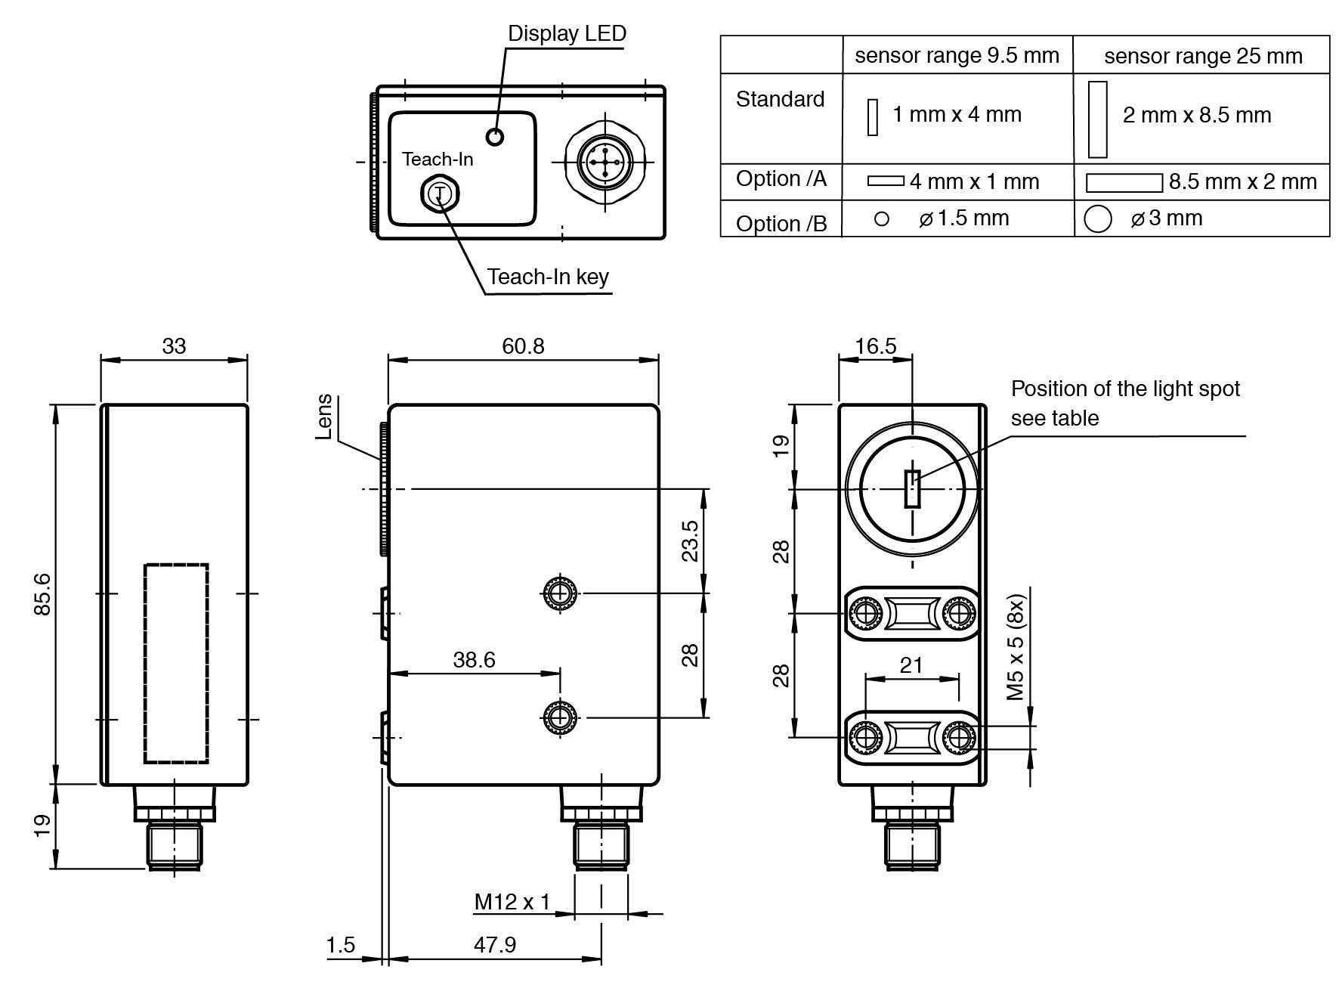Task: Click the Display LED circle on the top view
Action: (495, 137)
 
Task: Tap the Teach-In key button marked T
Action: (440, 194)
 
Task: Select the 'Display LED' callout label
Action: (566, 34)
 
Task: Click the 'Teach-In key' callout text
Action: (547, 277)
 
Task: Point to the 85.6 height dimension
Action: (42, 593)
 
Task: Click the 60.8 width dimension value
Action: (523, 345)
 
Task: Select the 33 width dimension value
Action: (174, 345)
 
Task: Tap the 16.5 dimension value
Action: (875, 345)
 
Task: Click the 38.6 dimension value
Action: (474, 660)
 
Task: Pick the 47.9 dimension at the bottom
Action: (495, 944)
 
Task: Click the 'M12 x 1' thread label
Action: (512, 902)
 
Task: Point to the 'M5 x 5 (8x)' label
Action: (1016, 647)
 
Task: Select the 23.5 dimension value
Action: (690, 541)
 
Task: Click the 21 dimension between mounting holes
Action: (911, 665)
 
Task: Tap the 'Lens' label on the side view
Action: (324, 416)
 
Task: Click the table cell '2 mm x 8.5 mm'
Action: (1197, 116)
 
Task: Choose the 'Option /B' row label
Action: (781, 223)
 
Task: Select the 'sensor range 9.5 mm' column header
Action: (957, 56)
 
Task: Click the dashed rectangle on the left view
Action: (176, 663)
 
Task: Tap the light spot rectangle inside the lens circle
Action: (913, 488)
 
